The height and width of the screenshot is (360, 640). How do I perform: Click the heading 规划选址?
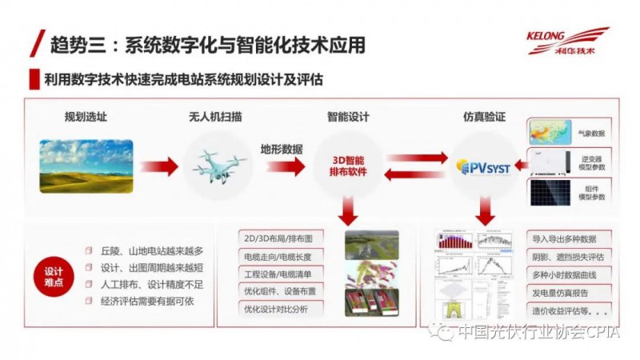coord(86,117)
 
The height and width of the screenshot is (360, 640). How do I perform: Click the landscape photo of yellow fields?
coord(86,166)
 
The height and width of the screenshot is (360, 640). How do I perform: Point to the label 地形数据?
coord(282,149)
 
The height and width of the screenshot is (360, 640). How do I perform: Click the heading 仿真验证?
coord(485,117)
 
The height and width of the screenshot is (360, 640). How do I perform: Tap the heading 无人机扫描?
coord(215,117)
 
